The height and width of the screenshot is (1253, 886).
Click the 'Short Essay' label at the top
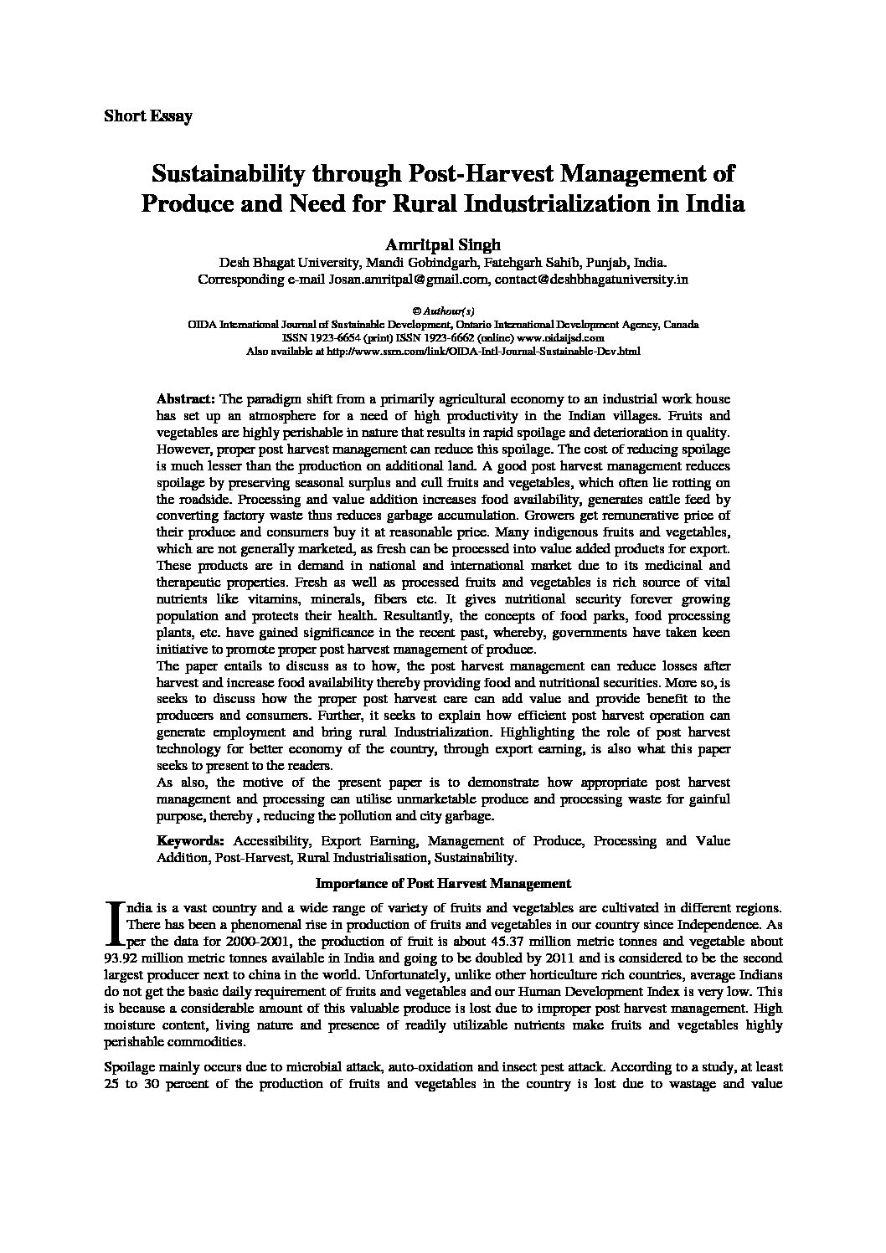click(147, 116)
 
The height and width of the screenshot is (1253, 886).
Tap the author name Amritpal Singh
click(442, 244)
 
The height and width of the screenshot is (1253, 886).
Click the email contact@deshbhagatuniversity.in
click(591, 280)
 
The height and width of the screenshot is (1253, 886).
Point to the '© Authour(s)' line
click(443, 311)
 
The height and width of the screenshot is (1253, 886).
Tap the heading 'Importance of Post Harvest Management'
click(443, 882)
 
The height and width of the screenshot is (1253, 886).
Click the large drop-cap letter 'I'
click(114, 922)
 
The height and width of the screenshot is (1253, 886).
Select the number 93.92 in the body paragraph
click(120, 958)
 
